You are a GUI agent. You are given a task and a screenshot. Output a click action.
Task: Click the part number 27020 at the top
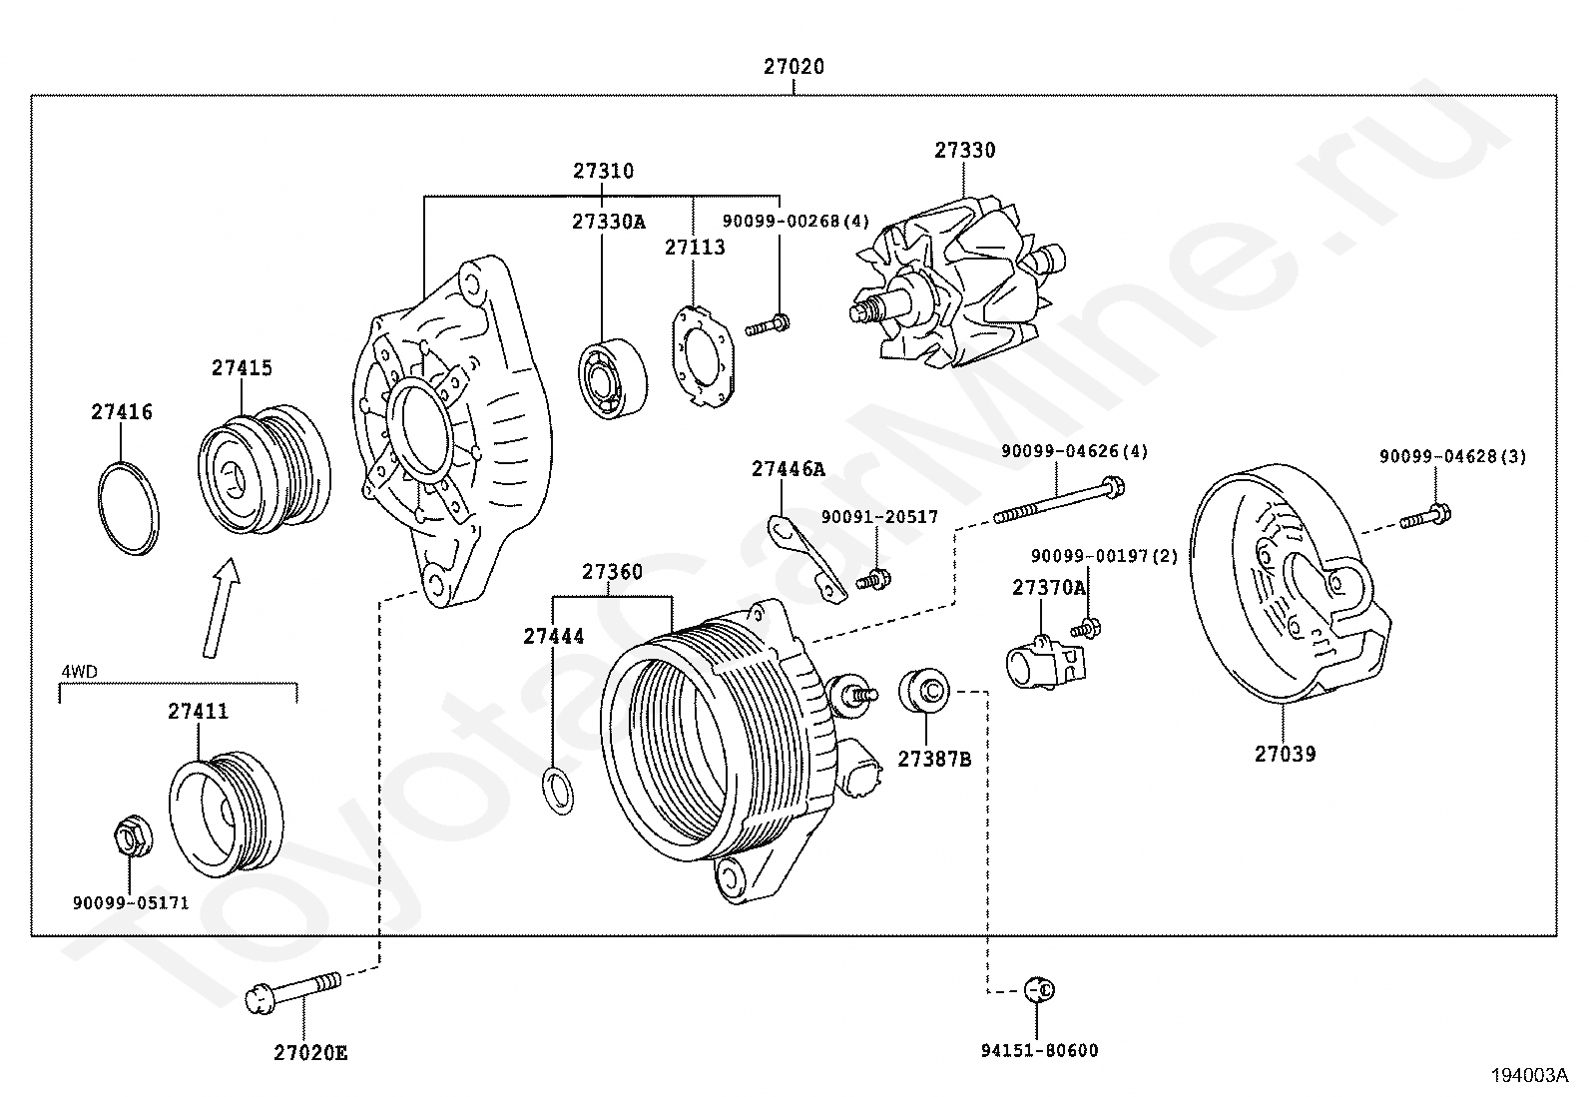click(x=794, y=67)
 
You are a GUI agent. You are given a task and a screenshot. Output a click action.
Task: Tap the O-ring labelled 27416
click(x=129, y=508)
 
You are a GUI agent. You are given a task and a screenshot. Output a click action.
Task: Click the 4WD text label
click(x=79, y=671)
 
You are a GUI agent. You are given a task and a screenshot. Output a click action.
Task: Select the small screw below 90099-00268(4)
click(x=768, y=324)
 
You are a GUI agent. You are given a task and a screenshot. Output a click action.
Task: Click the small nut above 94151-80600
click(x=1040, y=989)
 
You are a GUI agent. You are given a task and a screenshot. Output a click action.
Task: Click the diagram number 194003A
click(x=1529, y=1075)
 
